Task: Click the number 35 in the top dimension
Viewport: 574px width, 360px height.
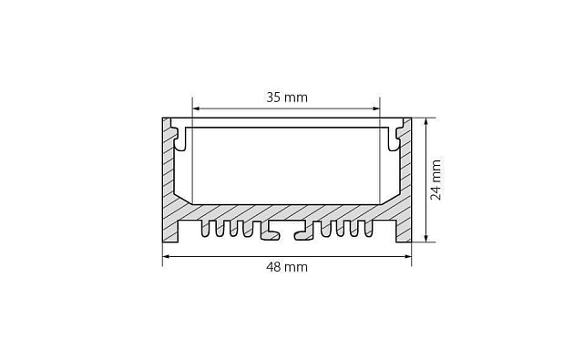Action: click(x=273, y=95)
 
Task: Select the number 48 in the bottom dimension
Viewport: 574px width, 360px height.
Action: click(x=273, y=267)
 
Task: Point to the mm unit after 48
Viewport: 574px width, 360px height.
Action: click(x=297, y=267)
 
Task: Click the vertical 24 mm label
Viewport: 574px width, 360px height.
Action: click(x=436, y=180)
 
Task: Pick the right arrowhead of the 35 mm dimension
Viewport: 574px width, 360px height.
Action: click(x=376, y=106)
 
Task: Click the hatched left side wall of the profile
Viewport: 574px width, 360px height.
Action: click(x=170, y=182)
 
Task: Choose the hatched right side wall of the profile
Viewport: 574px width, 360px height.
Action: click(x=403, y=182)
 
